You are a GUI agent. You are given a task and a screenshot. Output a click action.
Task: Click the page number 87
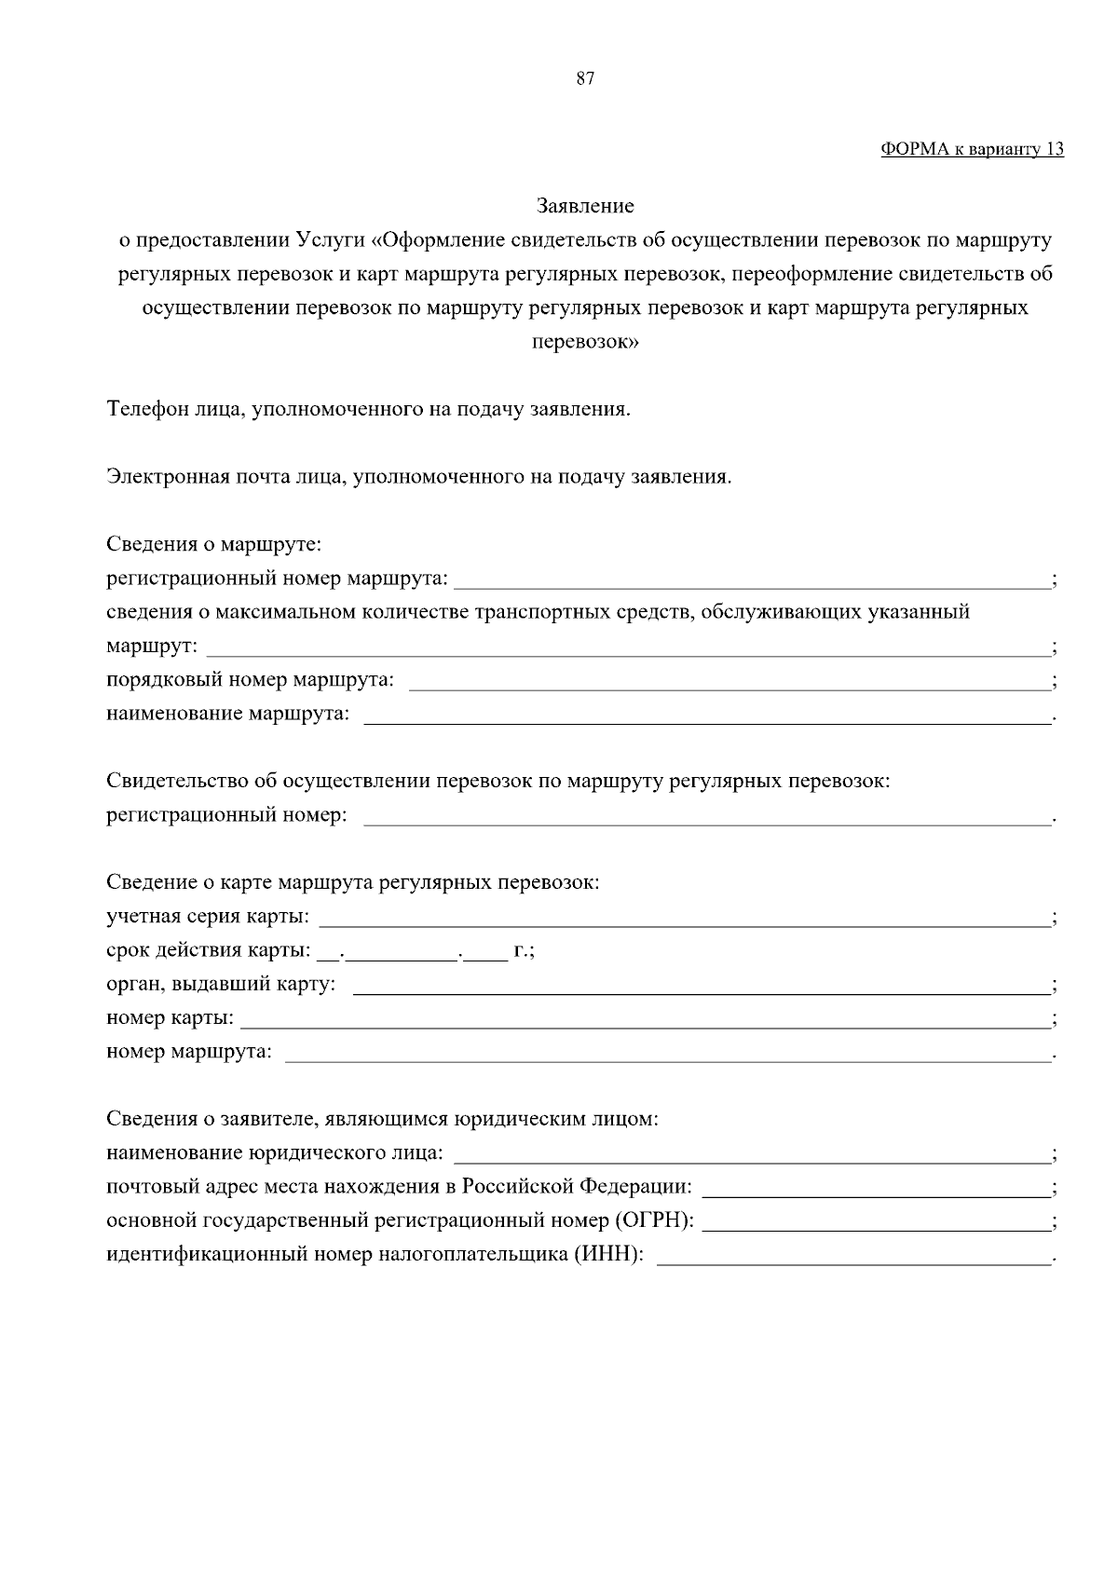[585, 79]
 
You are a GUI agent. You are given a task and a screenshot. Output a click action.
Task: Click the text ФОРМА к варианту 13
[972, 149]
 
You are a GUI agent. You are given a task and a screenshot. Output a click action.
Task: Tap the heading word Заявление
[585, 205]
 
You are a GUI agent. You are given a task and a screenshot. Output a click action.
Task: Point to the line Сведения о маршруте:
[213, 544]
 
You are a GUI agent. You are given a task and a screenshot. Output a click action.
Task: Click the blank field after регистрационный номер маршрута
[751, 581]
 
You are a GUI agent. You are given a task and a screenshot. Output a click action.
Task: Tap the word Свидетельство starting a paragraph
[177, 781]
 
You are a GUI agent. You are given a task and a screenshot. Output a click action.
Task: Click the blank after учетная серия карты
[684, 919]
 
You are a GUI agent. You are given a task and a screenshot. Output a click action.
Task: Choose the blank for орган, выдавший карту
[701, 987]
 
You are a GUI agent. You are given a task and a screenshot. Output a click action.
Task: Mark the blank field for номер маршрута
[666, 1055]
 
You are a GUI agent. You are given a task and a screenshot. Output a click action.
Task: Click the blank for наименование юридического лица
[751, 1156]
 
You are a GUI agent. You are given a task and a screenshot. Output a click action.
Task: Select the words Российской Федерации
[577, 1187]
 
